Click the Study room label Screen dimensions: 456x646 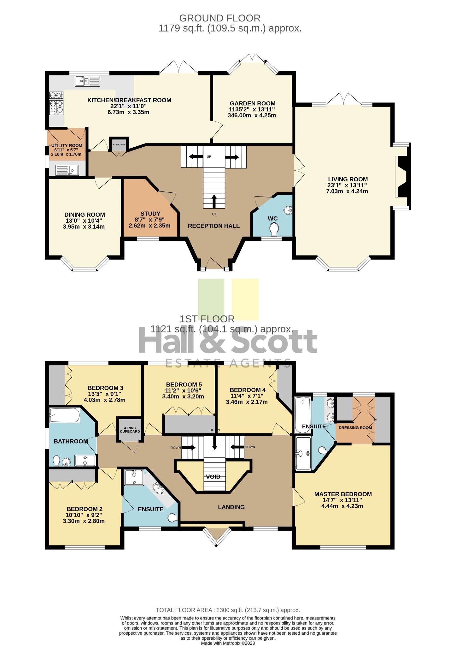150,214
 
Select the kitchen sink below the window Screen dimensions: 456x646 87,81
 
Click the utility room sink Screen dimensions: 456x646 67,170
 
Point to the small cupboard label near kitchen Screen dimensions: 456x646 119,144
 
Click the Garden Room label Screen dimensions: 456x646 253,103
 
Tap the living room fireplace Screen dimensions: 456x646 402,176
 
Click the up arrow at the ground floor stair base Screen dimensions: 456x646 214,201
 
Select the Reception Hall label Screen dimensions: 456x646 214,226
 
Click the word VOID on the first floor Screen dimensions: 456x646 213,477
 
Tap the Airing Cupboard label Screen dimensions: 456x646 130,430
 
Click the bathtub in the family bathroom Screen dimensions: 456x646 65,415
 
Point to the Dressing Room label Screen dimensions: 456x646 355,428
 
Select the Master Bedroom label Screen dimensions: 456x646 343,494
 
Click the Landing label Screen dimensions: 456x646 231,507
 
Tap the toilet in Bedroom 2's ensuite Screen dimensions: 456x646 173,518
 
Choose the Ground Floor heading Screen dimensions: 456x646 220,18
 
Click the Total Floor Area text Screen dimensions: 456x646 228,610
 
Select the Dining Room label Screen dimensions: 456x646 85,215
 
